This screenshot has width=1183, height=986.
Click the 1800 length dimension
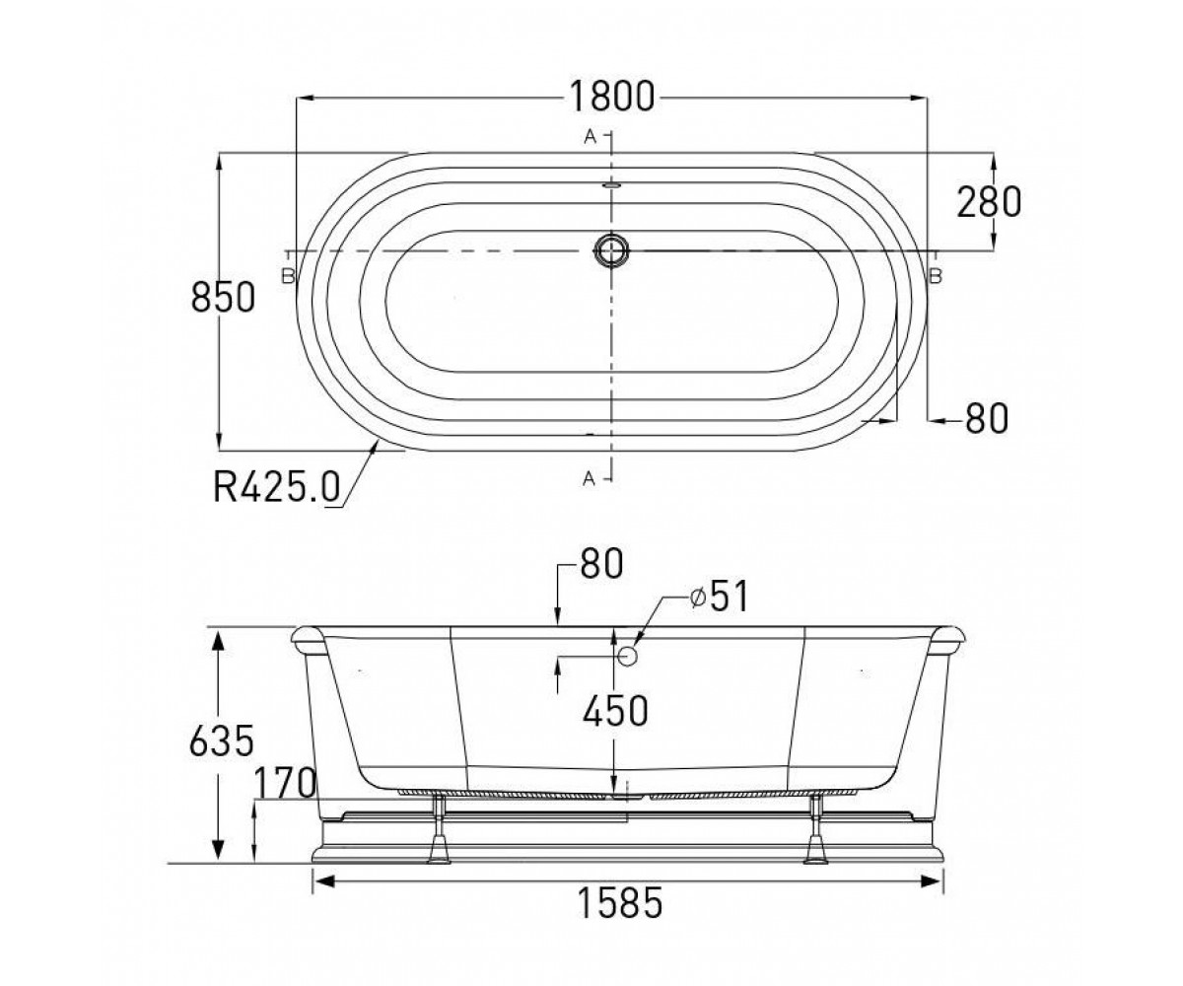[x=611, y=97]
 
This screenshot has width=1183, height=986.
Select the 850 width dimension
[x=223, y=298]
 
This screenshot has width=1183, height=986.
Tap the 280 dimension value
[x=989, y=202]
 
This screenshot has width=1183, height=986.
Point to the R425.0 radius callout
[x=276, y=487]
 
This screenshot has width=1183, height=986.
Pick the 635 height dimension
[x=222, y=740]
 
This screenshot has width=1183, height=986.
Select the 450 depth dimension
[x=615, y=711]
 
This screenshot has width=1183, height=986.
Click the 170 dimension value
[x=285, y=783]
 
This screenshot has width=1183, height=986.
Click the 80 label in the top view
[x=987, y=418]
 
